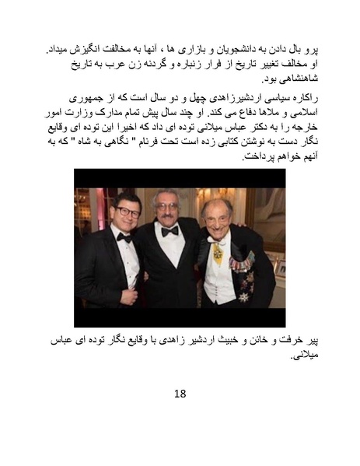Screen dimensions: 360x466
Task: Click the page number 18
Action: [180, 393]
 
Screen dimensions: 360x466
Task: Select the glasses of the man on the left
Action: [125, 212]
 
